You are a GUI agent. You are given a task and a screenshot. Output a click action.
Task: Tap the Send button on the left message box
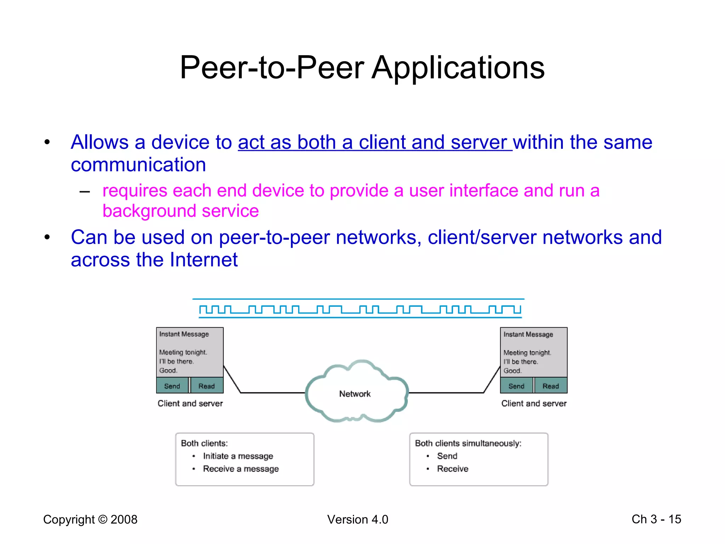coord(172,386)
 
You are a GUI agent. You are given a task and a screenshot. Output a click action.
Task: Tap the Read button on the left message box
coord(206,386)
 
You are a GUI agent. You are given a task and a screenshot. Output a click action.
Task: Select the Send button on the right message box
coord(516,386)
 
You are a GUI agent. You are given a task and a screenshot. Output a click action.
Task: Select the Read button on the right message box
coord(550,386)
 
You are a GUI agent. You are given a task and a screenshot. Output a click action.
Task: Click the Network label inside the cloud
coord(355,394)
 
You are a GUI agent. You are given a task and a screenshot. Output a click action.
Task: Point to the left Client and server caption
coord(190,403)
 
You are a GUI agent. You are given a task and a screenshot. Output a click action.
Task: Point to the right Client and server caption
coord(534,403)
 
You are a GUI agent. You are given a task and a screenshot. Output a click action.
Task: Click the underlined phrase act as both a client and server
coord(375,142)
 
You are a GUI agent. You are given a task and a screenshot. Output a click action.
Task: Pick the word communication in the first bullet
coord(138,165)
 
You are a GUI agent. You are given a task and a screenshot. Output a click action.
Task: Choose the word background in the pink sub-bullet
coord(149,211)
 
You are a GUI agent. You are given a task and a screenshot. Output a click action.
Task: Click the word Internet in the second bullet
coord(204,260)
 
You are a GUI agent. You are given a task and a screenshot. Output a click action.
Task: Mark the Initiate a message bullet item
coord(238,456)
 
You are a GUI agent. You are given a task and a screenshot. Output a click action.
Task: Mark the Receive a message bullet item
coord(241,469)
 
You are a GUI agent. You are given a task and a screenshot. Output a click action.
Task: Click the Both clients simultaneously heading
coord(468,443)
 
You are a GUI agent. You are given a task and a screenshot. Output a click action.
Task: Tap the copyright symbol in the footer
coord(103,520)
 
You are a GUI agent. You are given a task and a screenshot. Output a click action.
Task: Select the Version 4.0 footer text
coord(358,520)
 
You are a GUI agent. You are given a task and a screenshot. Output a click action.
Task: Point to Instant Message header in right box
coord(528,334)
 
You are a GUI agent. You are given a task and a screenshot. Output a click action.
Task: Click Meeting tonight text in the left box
coord(183,352)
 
